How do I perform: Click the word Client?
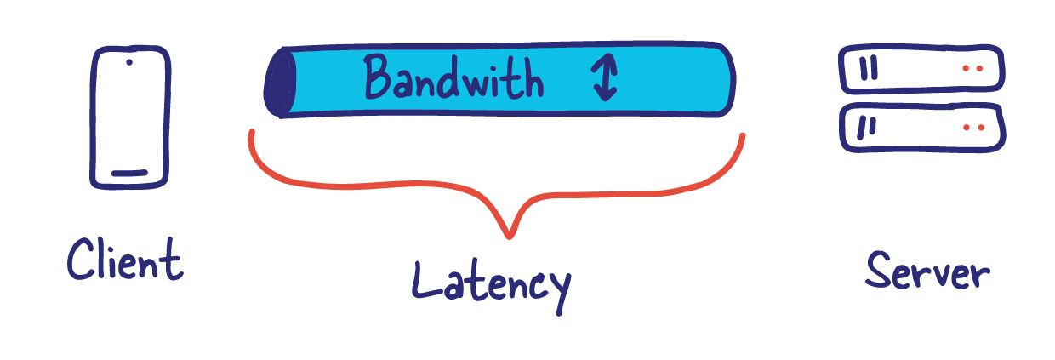click(125, 260)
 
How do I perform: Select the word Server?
click(927, 272)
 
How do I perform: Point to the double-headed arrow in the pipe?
click(604, 80)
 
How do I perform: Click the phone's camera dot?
click(128, 62)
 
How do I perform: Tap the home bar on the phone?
click(129, 174)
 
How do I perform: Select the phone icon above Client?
click(129, 117)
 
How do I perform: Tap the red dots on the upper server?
click(973, 69)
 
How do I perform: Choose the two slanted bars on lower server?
click(866, 128)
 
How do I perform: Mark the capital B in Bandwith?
click(380, 79)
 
